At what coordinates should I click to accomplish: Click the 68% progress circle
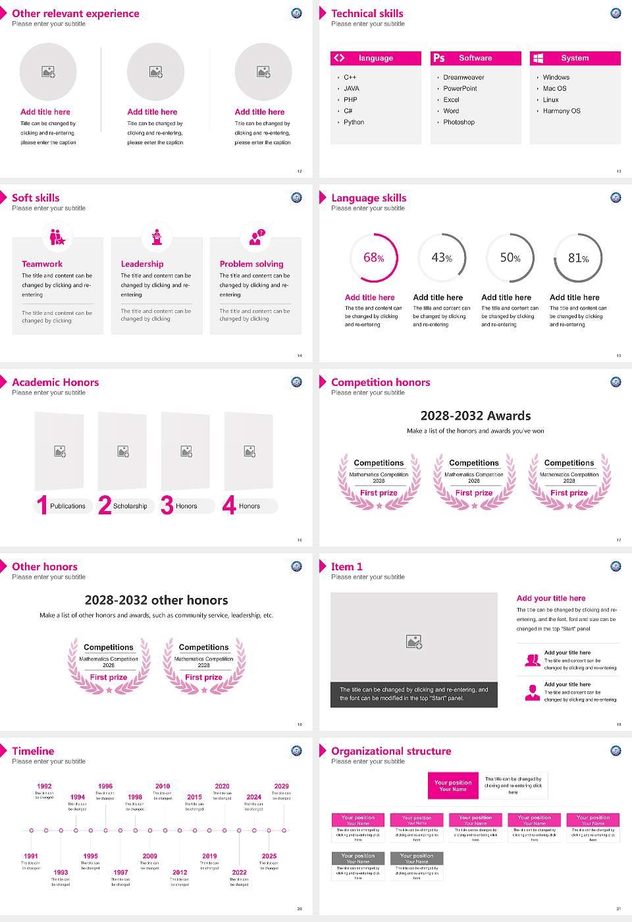[374, 258]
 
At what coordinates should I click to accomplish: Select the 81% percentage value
[578, 258]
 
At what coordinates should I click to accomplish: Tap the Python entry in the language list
[354, 122]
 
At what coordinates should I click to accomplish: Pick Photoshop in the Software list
[459, 122]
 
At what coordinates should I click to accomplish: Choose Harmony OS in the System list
[562, 111]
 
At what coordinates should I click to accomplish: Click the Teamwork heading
[42, 264]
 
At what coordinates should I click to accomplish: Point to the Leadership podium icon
[157, 237]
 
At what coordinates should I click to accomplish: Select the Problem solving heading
[251, 264]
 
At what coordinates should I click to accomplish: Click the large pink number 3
[167, 505]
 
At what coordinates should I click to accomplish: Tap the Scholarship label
[130, 506]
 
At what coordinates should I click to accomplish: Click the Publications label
[68, 506]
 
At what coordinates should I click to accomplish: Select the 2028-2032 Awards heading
[475, 416]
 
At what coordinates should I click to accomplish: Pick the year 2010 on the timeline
[163, 786]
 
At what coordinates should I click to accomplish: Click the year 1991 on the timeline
[31, 856]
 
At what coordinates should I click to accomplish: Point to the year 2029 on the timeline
[281, 786]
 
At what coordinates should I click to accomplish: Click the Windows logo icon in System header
[539, 58]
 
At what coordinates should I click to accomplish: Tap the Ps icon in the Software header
[439, 58]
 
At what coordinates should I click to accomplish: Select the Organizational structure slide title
[391, 751]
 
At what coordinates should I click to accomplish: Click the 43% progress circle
[442, 258]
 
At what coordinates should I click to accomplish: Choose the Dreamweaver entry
[463, 78]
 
